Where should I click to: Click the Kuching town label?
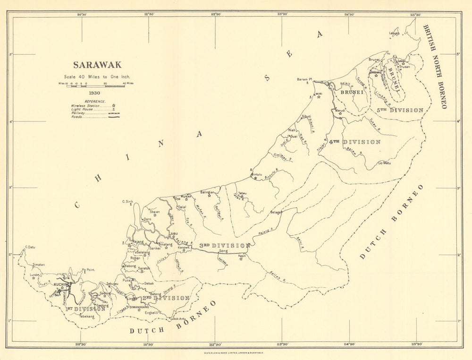coord(61,284)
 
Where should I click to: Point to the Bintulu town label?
coord(256,174)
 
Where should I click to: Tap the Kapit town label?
coord(242,255)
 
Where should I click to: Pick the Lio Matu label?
coord(384,163)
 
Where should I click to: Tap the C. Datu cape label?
coord(31,247)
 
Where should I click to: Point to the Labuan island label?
coord(394,33)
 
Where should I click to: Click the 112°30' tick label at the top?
coord(216,15)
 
